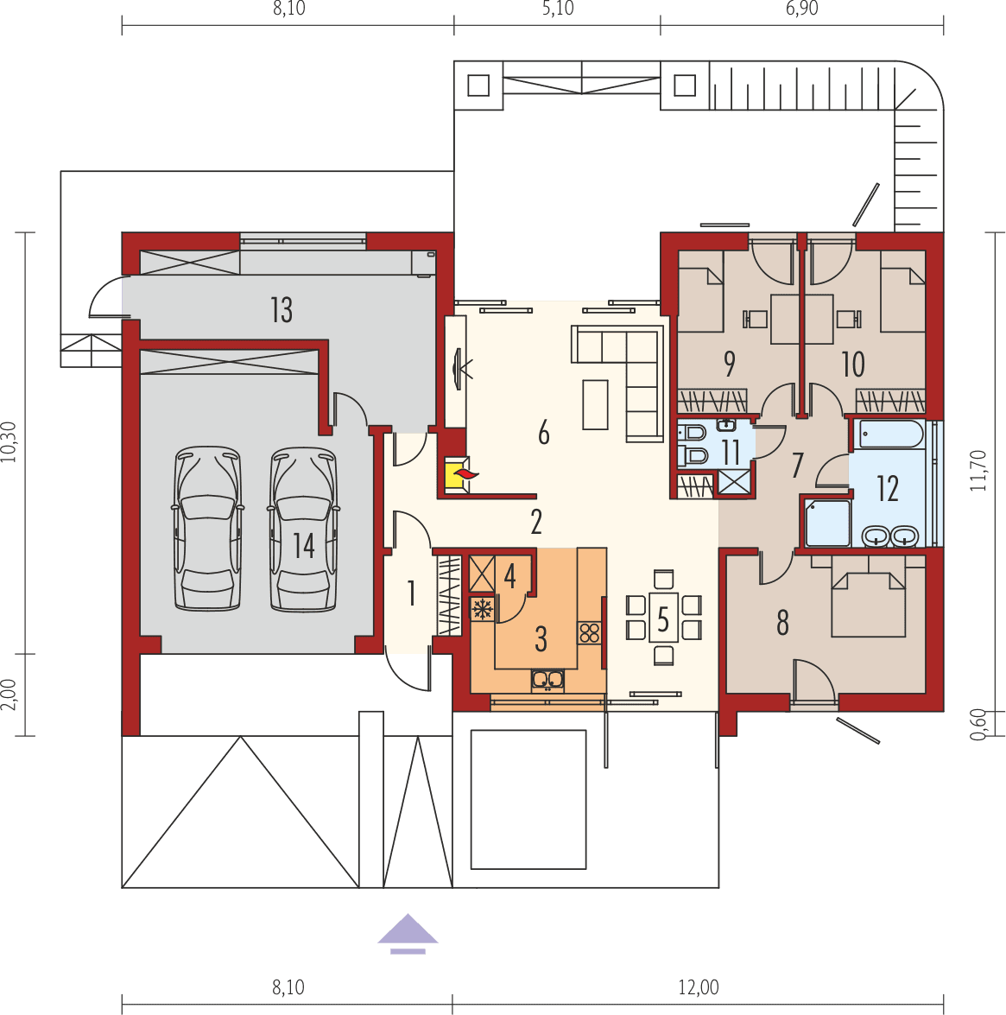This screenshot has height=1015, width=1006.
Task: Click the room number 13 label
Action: click(282, 309)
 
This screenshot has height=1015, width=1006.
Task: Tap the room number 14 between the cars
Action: click(303, 546)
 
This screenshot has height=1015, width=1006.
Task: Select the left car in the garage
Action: click(206, 529)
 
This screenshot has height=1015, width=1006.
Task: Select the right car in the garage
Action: click(302, 529)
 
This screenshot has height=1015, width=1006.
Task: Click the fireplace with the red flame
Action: click(456, 474)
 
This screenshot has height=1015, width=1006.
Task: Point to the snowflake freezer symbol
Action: click(482, 610)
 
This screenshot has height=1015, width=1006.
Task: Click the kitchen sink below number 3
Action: click(547, 681)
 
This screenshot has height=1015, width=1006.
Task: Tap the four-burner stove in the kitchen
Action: click(590, 632)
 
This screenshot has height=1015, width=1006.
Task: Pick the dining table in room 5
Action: click(663, 617)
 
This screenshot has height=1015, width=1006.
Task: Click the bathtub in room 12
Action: click(889, 434)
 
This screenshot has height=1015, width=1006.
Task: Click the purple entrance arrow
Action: click(408, 931)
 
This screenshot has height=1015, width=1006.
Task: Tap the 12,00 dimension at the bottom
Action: click(698, 986)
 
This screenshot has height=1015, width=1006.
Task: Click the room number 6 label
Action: click(543, 432)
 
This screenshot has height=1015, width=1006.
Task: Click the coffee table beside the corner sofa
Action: click(595, 404)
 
